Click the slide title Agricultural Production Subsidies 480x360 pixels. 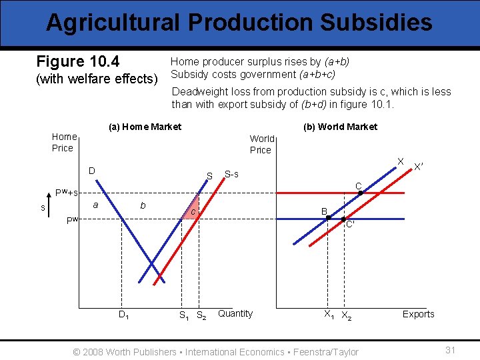(239, 23)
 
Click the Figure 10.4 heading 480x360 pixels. (78, 62)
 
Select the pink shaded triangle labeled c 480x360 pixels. (192, 210)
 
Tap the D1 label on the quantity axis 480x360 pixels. (124, 315)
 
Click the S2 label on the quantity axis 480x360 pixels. (201, 315)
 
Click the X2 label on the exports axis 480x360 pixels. (347, 315)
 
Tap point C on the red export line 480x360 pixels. (361, 193)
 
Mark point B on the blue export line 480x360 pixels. (329, 218)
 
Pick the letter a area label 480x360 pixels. (96, 205)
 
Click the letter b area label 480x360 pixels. (142, 206)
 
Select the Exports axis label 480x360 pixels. (418, 314)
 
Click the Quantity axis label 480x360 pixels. (235, 313)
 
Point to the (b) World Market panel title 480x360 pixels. (340, 127)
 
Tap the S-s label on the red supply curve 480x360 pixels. (231, 174)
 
